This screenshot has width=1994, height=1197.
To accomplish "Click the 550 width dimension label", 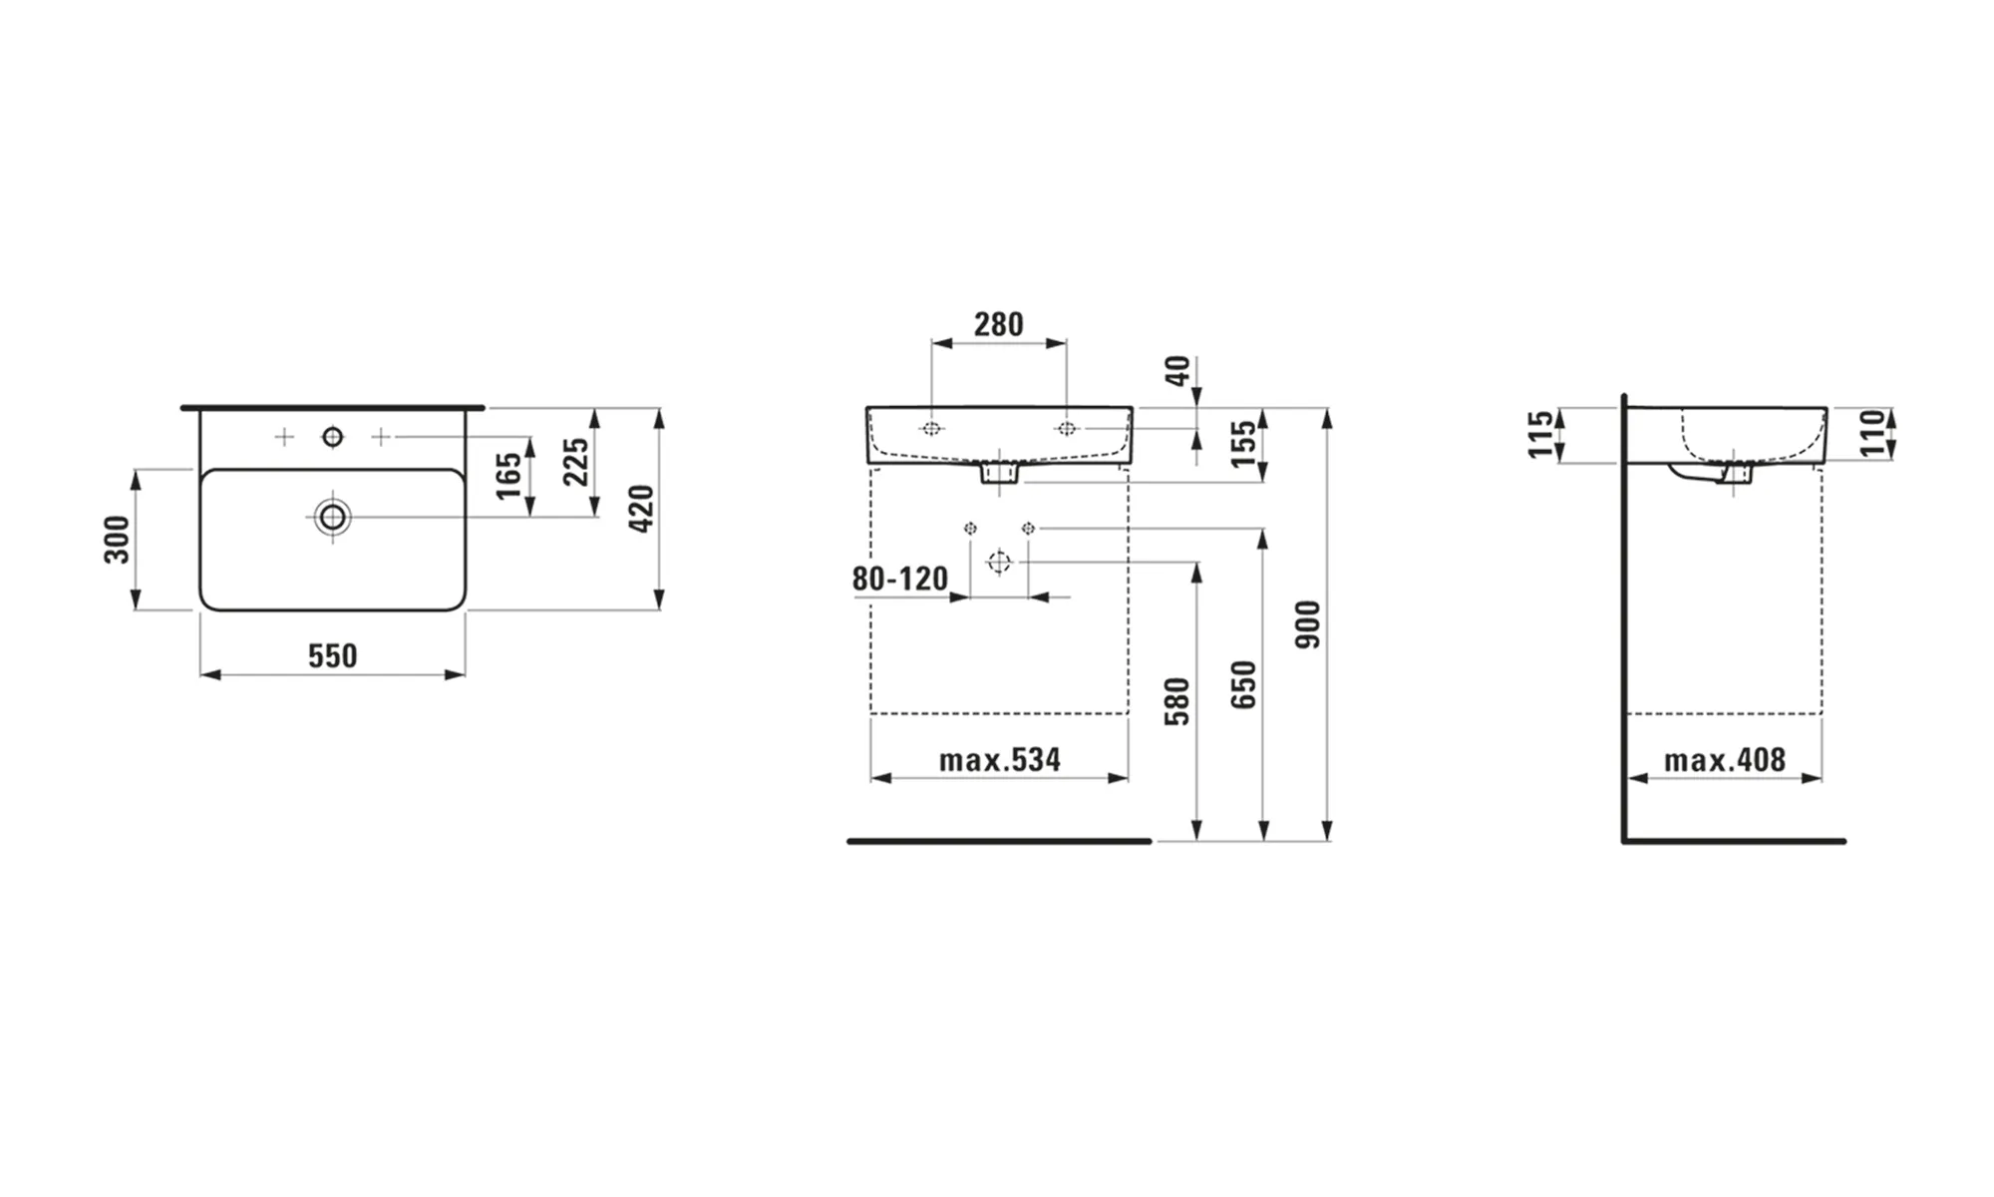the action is coord(332,655).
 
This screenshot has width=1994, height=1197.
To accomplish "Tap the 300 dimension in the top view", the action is coord(117,540).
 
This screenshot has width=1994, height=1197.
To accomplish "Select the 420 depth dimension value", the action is coord(641,508).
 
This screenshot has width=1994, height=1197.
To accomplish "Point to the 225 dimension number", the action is coord(576,462).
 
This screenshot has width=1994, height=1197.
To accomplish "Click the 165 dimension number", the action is coord(508,476).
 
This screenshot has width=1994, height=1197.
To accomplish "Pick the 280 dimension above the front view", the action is coord(998,324).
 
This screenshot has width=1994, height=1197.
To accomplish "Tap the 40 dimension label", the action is coord(1177,371).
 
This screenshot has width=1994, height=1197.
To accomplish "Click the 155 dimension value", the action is coord(1243,444).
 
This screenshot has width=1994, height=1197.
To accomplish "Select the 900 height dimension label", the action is coord(1307,624).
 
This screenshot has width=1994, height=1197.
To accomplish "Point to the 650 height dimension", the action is coord(1243,684).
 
